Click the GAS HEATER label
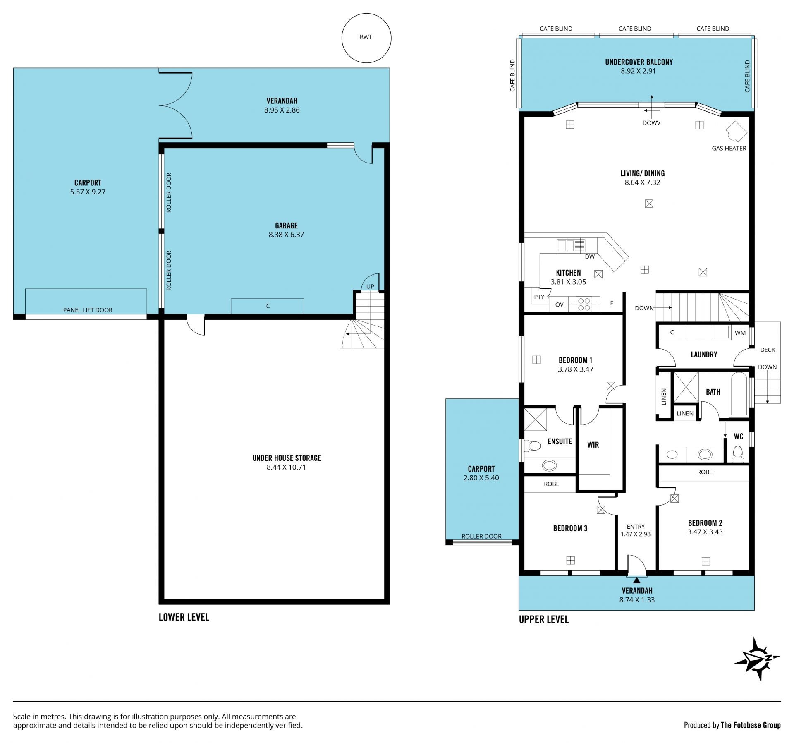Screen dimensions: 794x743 point(729,148)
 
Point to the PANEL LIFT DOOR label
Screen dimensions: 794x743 point(88,310)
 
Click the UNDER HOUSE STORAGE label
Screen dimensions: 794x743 point(287,458)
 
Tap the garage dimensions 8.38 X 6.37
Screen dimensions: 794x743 point(286,235)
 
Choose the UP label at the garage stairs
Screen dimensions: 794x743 point(370,286)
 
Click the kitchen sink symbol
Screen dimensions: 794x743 point(571,246)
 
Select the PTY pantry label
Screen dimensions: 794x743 point(539,297)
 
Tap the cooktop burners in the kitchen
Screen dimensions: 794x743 point(584,304)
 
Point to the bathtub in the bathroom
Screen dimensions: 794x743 point(739,394)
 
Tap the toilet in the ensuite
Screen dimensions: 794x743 point(533,446)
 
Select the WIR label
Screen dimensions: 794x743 point(593,445)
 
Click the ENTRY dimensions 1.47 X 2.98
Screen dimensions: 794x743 point(636,534)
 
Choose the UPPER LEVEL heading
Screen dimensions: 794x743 point(544,619)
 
